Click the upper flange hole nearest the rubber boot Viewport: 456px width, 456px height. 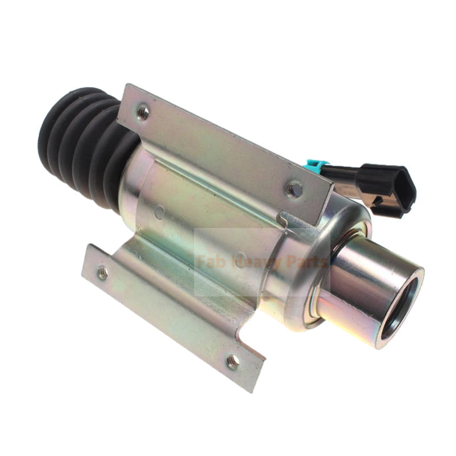click(x=144, y=112)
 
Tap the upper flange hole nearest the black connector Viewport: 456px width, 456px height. click(x=294, y=189)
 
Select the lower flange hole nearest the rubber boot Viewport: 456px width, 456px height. click(x=103, y=273)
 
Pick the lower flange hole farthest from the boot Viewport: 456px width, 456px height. click(x=232, y=360)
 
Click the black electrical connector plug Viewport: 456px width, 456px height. click(x=389, y=186)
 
